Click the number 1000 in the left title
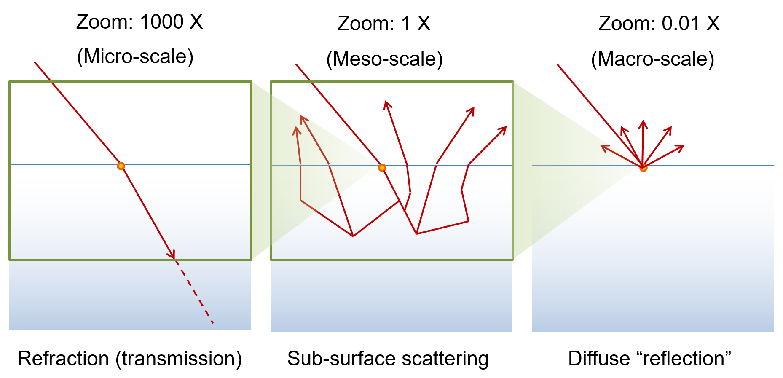[162, 22]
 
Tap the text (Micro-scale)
[135, 56]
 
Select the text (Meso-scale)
[384, 59]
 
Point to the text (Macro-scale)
[652, 59]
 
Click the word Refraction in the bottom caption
[63, 359]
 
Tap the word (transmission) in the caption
[179, 359]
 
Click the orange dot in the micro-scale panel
[121, 166]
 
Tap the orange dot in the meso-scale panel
[382, 168]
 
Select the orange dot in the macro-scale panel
[643, 168]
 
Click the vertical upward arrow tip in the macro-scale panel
[643, 123]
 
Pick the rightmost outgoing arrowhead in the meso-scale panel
[503, 129]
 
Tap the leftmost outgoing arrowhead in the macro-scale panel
[603, 147]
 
